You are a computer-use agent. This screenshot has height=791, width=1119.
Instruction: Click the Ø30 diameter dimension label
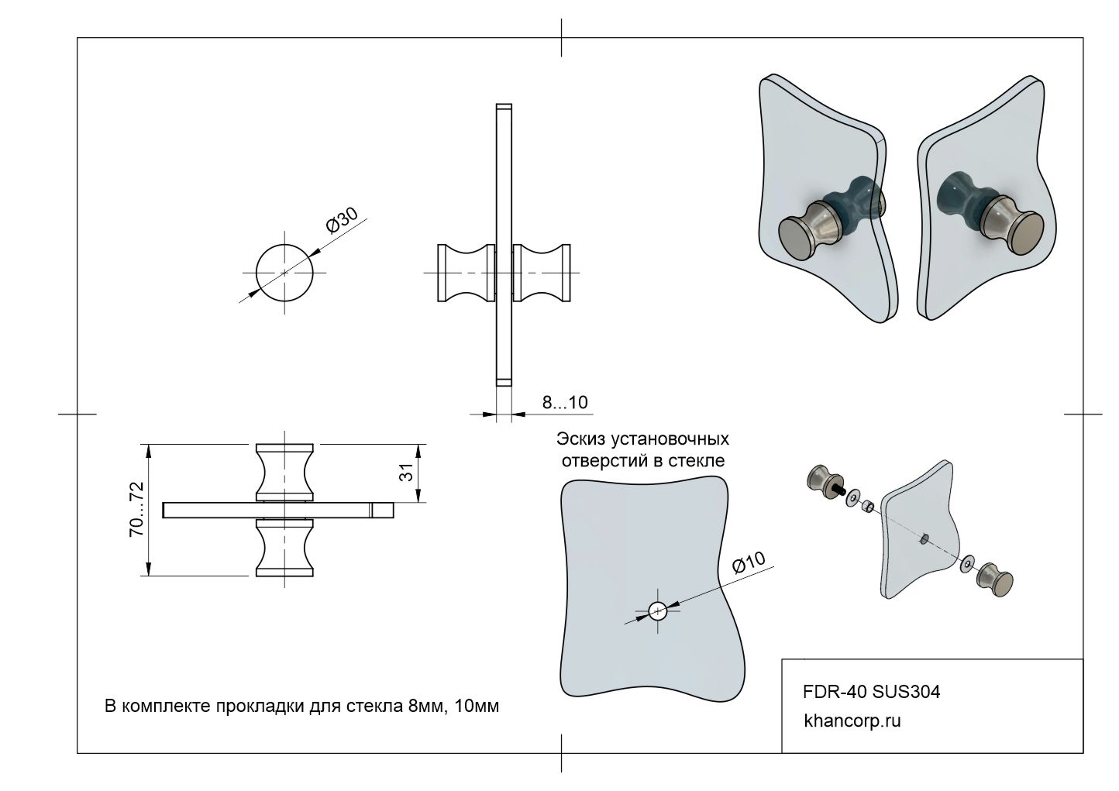click(343, 222)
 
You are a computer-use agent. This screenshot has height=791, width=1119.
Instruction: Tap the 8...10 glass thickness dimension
click(564, 402)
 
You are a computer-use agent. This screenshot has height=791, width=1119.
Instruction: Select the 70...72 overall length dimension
click(137, 509)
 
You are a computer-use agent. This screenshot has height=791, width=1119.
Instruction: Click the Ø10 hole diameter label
click(749, 562)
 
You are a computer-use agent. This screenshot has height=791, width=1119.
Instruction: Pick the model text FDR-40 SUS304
click(872, 691)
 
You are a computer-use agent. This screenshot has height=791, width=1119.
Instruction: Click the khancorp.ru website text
click(852, 720)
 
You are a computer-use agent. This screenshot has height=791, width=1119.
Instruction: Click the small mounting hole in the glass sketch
click(657, 610)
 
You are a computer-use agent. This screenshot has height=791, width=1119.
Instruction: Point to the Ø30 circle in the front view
click(285, 273)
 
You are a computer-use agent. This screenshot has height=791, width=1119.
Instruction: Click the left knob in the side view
click(466, 273)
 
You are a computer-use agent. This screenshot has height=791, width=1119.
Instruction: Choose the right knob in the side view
click(542, 273)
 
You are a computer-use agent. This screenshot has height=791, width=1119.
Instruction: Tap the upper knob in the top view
click(285, 471)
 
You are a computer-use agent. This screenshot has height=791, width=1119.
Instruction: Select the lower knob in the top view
click(285, 549)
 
